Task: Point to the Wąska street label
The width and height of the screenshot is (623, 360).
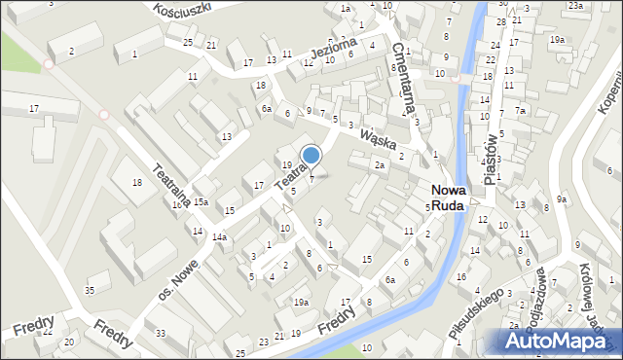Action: [x=381, y=141]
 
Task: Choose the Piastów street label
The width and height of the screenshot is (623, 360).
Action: [x=490, y=157]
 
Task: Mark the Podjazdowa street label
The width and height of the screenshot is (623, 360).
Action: [x=532, y=292]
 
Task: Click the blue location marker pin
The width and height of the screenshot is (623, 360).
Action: [x=311, y=156]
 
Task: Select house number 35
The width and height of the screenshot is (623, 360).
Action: [x=90, y=290]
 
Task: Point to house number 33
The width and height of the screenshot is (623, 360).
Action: [x=161, y=334]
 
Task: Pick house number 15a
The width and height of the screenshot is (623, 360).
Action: [x=200, y=201]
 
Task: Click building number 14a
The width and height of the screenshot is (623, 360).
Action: [x=220, y=237]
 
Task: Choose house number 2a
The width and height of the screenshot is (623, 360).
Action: [x=380, y=166]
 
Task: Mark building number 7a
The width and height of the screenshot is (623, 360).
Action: [x=521, y=111]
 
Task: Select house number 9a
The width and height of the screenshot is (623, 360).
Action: [x=562, y=199]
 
